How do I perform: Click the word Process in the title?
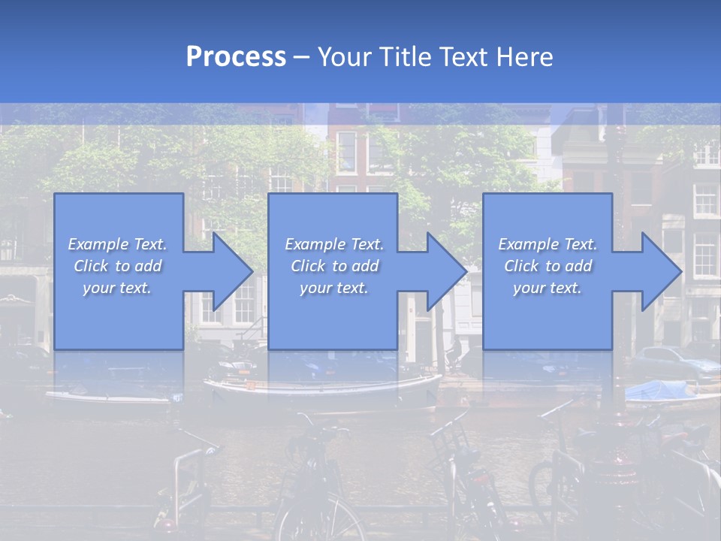point(236,57)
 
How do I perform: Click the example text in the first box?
point(117,266)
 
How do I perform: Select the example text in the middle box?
point(333,266)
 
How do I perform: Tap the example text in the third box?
point(547,266)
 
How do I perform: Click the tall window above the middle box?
point(346,150)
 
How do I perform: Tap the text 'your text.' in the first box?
point(117,288)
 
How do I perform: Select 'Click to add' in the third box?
point(548,266)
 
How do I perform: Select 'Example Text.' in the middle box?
point(333,244)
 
